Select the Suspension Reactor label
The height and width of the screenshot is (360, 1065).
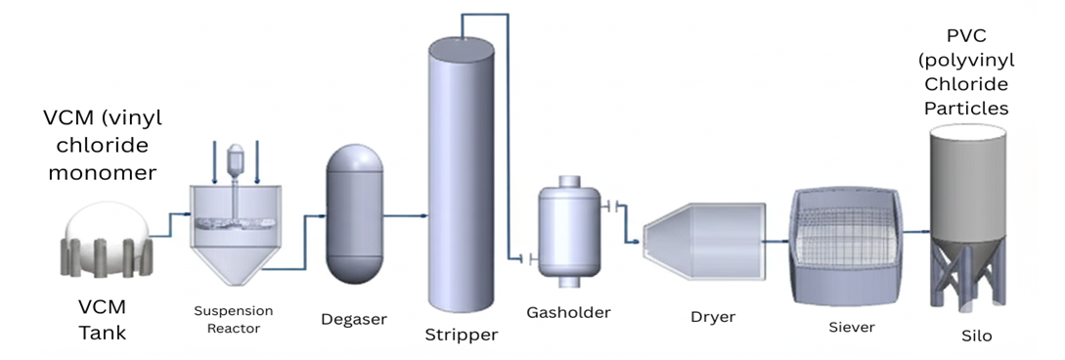click(234, 320)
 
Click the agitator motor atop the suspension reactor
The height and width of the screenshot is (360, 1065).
click(234, 157)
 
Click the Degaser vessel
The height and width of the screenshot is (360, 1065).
click(353, 215)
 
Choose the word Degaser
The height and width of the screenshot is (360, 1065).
click(353, 319)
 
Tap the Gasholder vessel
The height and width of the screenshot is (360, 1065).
click(568, 225)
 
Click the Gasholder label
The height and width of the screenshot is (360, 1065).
click(567, 313)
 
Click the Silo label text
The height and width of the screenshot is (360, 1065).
click(975, 336)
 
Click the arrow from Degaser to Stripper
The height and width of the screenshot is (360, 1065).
click(406, 215)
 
